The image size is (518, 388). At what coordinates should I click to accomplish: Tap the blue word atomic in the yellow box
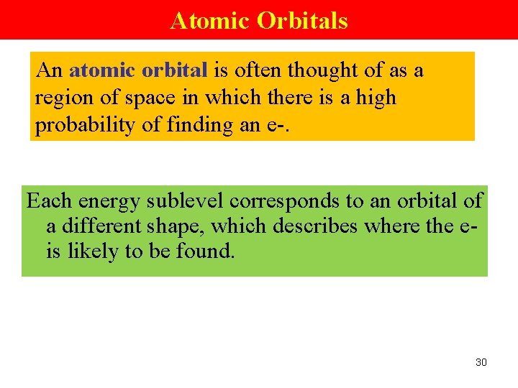coord(101,70)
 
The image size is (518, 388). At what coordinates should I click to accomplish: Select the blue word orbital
coord(175,70)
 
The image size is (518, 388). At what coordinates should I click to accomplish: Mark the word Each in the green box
coord(49,200)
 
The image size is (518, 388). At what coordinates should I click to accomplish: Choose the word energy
coord(107,202)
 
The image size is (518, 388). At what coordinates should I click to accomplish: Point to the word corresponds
coord(284,202)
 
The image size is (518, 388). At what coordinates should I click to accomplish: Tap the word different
coord(103,226)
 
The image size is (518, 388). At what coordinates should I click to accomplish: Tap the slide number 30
coord(481,362)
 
